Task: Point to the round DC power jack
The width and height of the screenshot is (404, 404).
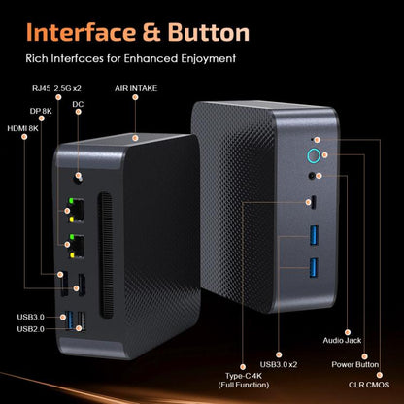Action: [x=77, y=177]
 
